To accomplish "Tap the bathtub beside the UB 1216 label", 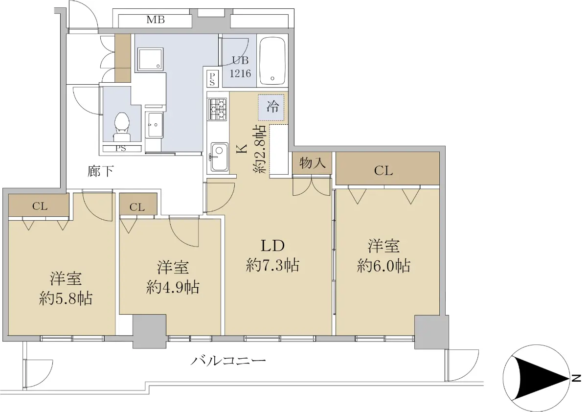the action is (272, 61).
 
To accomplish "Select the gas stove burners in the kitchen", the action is (217, 109).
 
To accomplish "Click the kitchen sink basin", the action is (220, 157).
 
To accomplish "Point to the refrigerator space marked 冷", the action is (271, 108).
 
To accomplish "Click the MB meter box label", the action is (156, 20).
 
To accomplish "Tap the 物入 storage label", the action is (313, 163).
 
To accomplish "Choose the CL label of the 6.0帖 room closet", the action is (384, 171).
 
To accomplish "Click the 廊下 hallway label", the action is (101, 171).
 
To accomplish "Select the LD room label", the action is (272, 246).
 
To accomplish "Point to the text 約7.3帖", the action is (272, 265).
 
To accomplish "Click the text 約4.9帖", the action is (173, 287).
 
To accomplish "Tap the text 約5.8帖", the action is (66, 298).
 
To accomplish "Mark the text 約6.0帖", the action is (384, 266).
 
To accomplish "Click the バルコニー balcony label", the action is (228, 361).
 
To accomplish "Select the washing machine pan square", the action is (150, 59).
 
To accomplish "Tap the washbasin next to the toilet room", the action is (155, 125).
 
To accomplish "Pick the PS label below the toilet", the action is (121, 148).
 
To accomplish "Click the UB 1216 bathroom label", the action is (240, 67).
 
